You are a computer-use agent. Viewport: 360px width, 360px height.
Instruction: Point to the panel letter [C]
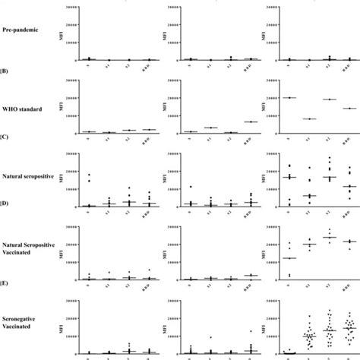(x=5, y=142)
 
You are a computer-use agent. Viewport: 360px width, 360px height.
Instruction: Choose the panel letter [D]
(x=5, y=215)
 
